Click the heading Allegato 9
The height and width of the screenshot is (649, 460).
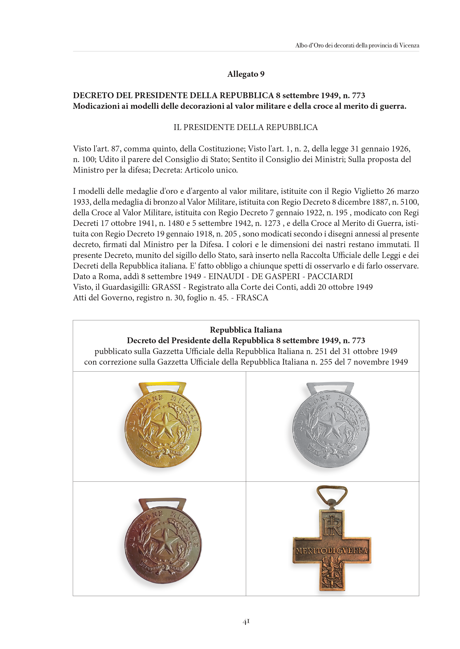(246, 74)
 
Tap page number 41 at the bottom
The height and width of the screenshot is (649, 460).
(246, 622)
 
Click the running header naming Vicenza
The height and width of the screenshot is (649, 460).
(357, 45)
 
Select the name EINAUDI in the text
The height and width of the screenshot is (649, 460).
(226, 276)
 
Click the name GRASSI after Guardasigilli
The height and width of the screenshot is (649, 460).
(166, 287)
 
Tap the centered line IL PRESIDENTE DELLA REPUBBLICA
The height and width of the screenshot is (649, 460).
(246, 127)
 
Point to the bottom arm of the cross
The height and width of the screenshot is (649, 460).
(332, 576)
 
